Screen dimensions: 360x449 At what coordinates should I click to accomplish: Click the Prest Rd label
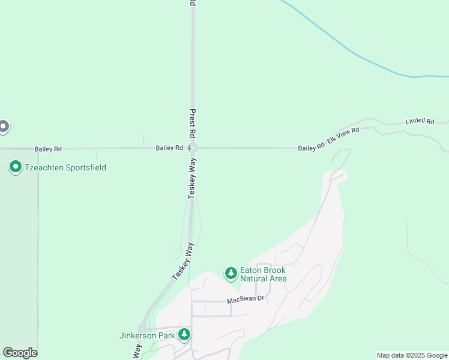click(193, 123)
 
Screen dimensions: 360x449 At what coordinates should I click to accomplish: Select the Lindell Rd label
click(420, 121)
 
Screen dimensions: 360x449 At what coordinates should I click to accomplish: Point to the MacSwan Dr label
click(246, 299)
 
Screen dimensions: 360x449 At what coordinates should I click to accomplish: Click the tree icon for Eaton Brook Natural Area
click(231, 274)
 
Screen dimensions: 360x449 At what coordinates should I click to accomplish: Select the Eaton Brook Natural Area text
click(263, 274)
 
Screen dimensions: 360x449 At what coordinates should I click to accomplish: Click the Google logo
click(20, 353)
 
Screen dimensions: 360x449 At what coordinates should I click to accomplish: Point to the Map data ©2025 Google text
click(412, 355)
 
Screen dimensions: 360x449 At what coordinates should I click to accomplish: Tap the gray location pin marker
click(4, 126)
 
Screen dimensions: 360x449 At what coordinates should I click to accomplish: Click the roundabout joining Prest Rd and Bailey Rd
click(193, 148)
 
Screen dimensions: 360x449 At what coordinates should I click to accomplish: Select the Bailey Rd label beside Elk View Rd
click(311, 147)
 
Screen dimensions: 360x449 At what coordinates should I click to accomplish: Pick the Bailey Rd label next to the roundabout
click(169, 148)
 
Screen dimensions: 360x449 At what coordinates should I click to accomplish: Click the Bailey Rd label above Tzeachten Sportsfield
click(48, 149)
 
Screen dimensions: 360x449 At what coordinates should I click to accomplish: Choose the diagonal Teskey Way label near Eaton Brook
click(184, 260)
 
